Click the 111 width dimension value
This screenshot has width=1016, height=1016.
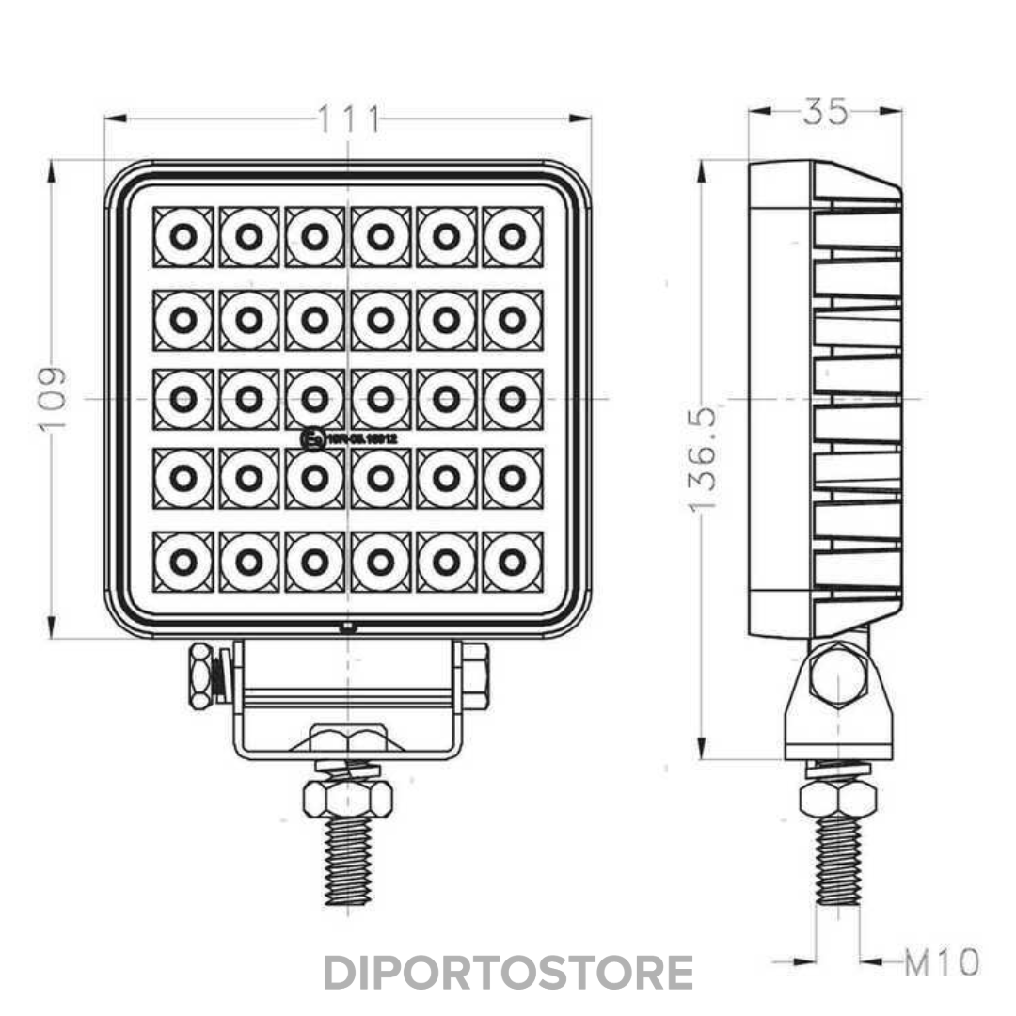coord(348,119)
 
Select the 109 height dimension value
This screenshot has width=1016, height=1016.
coord(54,398)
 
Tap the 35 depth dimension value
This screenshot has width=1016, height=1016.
coord(825,112)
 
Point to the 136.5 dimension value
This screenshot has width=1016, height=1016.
coord(703,459)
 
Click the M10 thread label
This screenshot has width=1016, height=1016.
coord(942,962)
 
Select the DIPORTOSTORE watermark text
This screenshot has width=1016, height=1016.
coord(508,973)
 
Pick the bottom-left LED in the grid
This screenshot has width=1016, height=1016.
coord(183,563)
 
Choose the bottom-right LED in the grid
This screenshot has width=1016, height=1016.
coord(513,563)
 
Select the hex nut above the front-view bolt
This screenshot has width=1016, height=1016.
coord(348,799)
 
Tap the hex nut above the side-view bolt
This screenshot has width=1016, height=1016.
coord(837,799)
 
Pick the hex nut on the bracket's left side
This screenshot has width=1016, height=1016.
coord(201,675)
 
